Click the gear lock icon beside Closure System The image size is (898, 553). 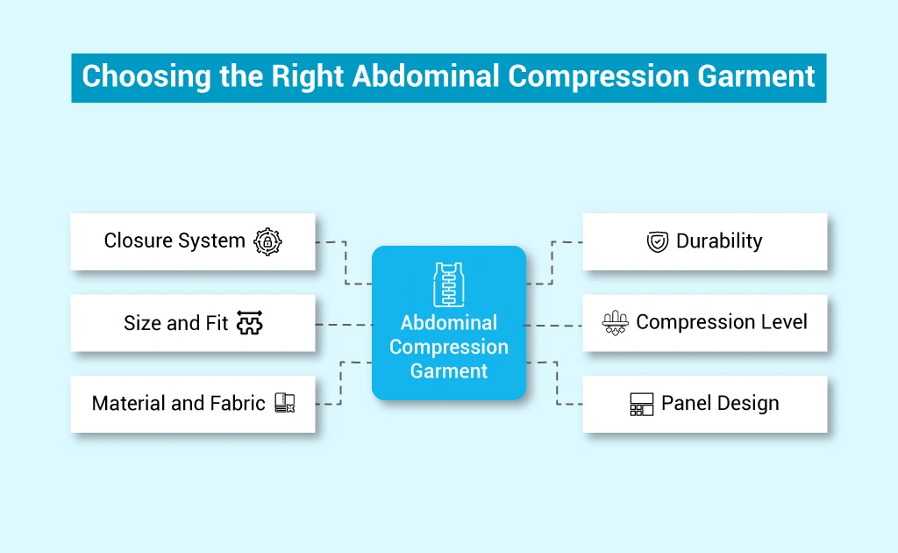(x=267, y=241)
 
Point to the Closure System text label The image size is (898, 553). (x=175, y=241)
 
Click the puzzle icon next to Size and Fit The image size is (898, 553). (x=250, y=323)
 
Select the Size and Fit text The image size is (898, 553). (x=175, y=323)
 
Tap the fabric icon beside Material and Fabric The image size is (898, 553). (x=284, y=404)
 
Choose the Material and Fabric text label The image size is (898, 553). (x=178, y=404)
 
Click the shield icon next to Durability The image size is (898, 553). (x=657, y=242)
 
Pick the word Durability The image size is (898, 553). (x=719, y=241)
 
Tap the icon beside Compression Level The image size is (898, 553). (x=615, y=323)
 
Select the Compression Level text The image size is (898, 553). (x=722, y=322)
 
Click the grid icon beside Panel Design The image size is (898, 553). (x=642, y=405)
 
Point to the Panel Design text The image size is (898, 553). (x=720, y=404)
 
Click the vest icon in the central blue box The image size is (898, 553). (x=448, y=284)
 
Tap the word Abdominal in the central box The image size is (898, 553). (x=449, y=323)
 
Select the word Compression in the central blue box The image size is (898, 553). (x=449, y=347)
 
